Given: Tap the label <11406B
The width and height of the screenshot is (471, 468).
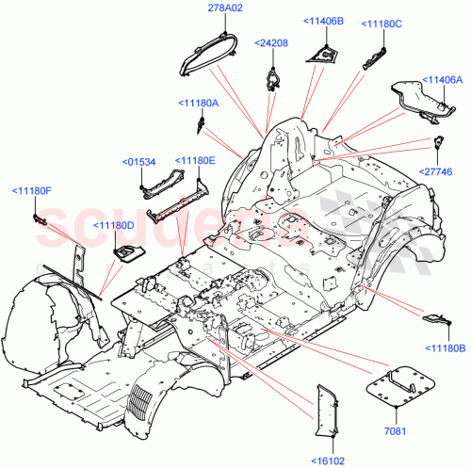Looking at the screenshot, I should pos(323,21).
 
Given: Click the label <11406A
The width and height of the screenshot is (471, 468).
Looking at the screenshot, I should pos(442,79).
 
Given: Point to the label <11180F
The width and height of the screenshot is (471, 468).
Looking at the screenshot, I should pos(31,192).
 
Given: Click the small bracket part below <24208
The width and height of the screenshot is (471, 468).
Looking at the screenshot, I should pos(273,76).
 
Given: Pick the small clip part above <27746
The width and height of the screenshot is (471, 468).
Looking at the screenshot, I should pos(439,144).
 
